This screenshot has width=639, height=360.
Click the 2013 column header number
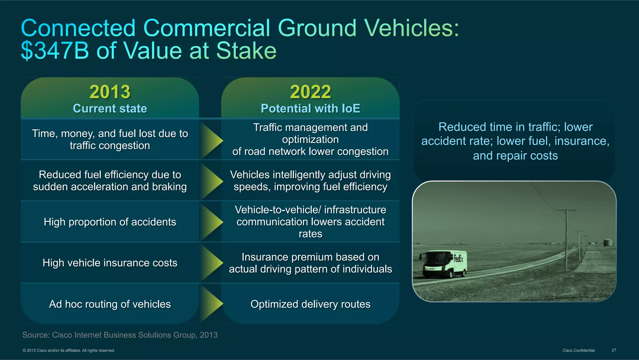[x=110, y=92]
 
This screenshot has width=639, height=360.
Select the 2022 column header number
[x=310, y=92]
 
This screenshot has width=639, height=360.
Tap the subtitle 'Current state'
[x=110, y=108]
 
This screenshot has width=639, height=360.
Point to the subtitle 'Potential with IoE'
[x=310, y=108]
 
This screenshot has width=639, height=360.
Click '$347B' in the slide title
[x=55, y=51]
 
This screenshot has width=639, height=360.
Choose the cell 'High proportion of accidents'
[x=110, y=222]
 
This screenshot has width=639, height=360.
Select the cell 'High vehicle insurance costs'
[x=110, y=263]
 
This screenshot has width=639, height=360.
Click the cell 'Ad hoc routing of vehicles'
[x=110, y=304]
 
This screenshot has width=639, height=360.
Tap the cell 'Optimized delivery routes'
[x=310, y=304]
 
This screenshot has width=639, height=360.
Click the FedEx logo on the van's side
[x=459, y=259]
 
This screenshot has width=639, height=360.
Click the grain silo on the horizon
[x=607, y=242]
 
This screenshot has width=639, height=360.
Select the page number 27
[x=614, y=350]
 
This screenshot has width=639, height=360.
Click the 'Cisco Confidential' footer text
[x=578, y=350]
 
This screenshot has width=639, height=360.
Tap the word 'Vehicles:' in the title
[x=412, y=28]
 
